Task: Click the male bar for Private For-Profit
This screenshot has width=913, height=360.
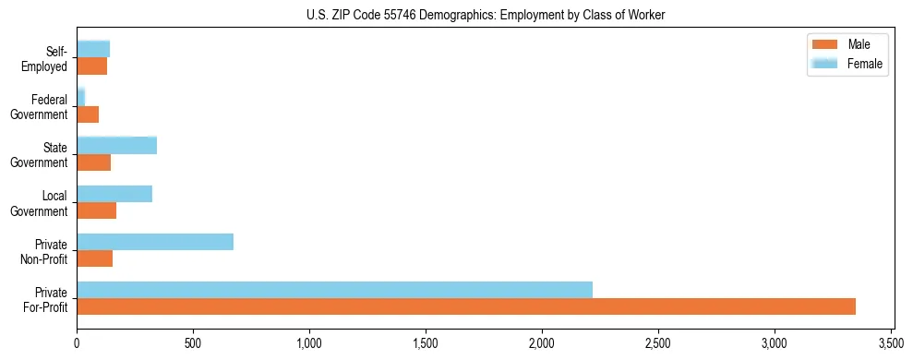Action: (x=466, y=306)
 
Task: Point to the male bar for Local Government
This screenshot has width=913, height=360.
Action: (x=96, y=210)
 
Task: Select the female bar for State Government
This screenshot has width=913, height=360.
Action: (x=116, y=146)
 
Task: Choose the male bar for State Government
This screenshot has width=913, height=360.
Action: (x=93, y=162)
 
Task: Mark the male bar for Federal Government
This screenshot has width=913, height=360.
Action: (x=88, y=114)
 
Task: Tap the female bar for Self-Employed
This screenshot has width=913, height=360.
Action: (x=93, y=50)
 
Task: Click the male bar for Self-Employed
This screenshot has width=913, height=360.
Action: (x=91, y=66)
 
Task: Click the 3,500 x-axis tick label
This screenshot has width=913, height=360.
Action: (x=891, y=342)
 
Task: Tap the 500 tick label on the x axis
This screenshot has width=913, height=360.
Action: (x=193, y=342)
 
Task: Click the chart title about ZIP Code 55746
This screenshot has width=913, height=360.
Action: (x=486, y=14)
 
